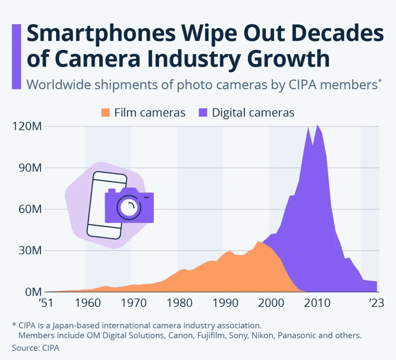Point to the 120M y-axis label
[x=25, y=127]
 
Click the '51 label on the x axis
[x=46, y=303]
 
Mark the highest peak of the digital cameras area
[x=317, y=125]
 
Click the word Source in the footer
[x=24, y=348]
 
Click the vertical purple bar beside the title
[x=17, y=56]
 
